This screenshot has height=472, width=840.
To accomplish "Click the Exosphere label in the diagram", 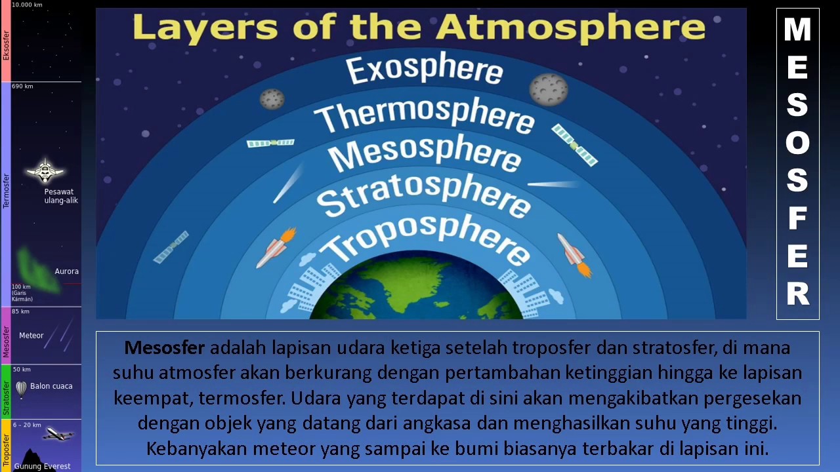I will [423, 69].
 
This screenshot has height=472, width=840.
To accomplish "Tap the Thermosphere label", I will [424, 115].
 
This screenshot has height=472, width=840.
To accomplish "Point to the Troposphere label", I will [425, 239].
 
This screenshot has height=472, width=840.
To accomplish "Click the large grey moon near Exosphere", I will [549, 89].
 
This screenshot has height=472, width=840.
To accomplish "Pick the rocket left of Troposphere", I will [276, 248].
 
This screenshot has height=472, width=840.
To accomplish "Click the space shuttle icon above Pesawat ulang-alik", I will [45, 172].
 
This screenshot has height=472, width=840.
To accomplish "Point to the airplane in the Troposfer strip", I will [58, 434].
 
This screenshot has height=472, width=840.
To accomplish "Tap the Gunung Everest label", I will [42, 467].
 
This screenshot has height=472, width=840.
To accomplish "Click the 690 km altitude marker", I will [22, 87].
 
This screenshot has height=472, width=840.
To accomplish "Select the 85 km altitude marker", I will [20, 311].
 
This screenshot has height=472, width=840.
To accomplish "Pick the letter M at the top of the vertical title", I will [797, 30].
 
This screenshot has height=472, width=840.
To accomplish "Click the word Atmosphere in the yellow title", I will [571, 28].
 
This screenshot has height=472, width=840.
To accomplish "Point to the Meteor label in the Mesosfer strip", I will [31, 336].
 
